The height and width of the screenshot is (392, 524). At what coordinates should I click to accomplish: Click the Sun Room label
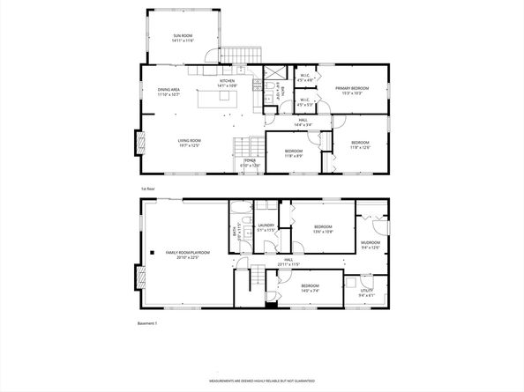[x=183, y=37]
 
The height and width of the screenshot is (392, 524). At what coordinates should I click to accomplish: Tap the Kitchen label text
[x=227, y=83]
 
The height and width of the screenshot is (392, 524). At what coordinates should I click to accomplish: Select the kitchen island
[x=220, y=99]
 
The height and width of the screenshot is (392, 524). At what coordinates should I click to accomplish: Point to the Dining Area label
[x=168, y=91]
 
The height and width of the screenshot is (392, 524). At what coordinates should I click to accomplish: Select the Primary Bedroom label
[x=351, y=90]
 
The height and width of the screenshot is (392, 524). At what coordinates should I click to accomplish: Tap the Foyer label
[x=251, y=162]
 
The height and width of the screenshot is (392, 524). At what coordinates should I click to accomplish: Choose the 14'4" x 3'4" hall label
[x=303, y=122]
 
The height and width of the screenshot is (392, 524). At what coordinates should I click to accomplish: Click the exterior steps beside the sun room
[x=236, y=55]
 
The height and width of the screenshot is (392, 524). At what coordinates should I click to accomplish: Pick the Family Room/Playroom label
[x=183, y=255]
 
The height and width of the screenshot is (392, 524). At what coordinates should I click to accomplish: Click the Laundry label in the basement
[x=266, y=226]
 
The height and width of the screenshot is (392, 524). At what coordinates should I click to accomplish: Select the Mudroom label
[x=371, y=244]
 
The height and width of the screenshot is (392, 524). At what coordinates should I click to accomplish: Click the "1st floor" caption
[x=148, y=189]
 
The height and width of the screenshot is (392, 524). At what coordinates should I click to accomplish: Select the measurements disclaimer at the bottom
[x=261, y=381]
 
